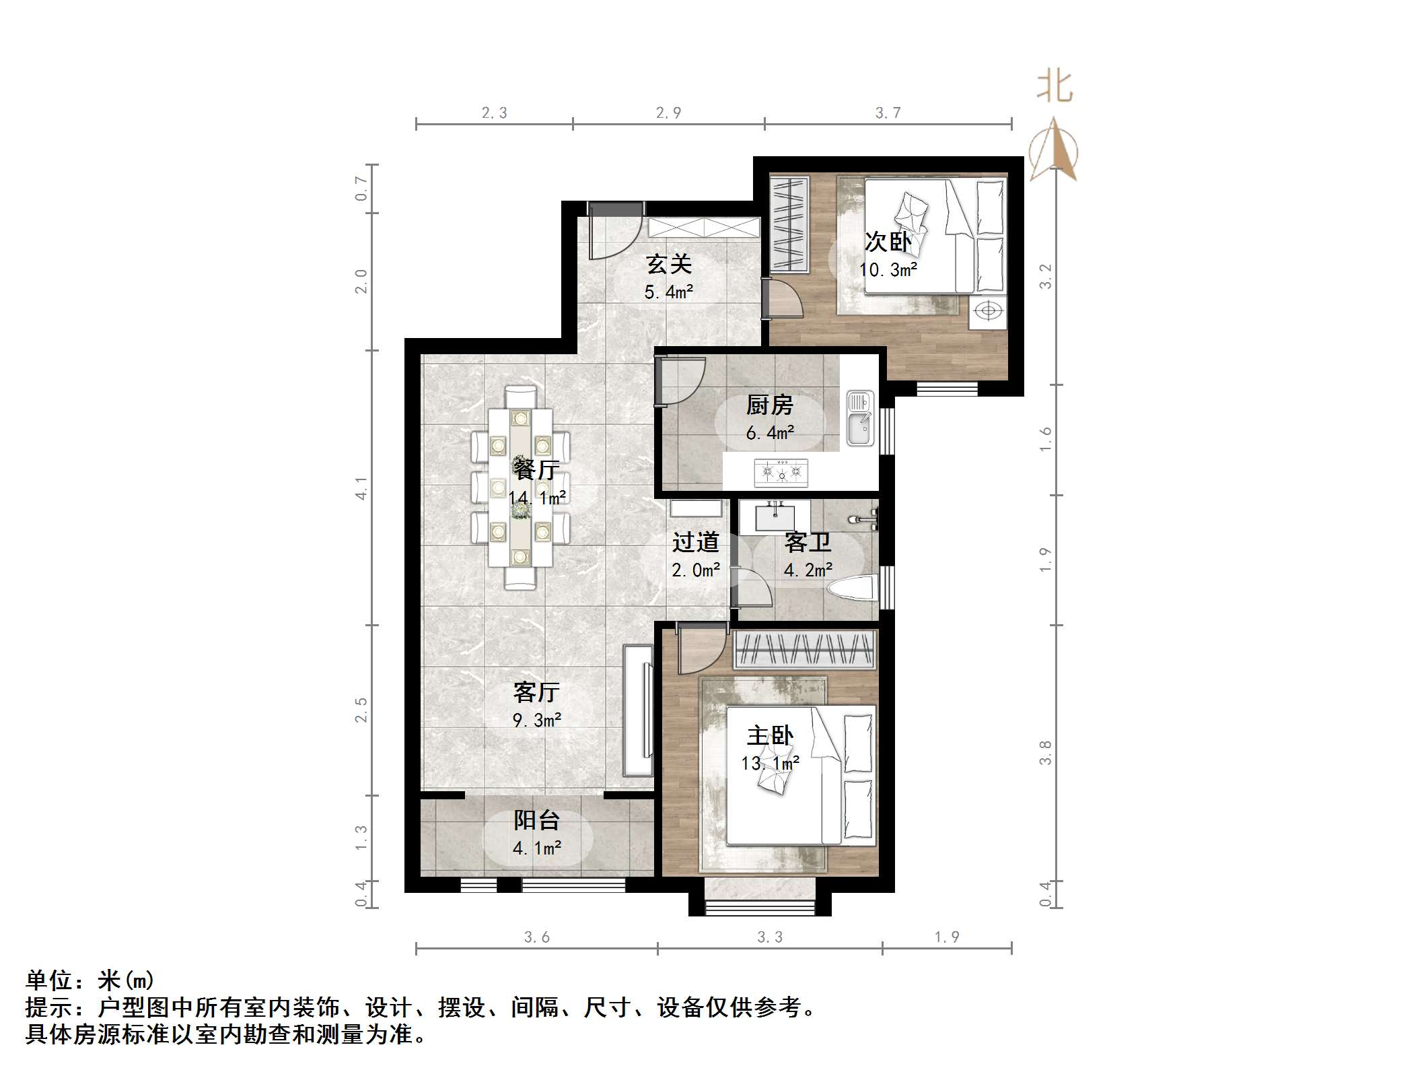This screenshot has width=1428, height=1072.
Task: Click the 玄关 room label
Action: click(x=668, y=264)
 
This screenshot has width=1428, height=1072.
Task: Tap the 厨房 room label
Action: click(x=769, y=405)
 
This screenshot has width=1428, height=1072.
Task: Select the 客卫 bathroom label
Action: click(x=807, y=541)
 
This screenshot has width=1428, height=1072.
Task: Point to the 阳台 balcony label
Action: click(x=536, y=819)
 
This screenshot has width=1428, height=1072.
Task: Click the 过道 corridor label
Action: click(x=695, y=541)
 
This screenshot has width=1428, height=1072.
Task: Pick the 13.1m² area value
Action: click(x=770, y=764)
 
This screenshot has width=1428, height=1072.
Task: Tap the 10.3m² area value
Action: click(x=888, y=270)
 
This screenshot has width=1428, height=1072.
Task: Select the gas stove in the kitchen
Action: click(x=781, y=472)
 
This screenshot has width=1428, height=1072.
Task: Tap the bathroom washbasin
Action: click(x=775, y=518)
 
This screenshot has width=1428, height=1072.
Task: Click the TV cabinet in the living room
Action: click(x=639, y=710)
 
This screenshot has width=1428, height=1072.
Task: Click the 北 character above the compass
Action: click(x=1055, y=88)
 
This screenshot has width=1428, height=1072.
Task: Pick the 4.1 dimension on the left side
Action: click(x=361, y=488)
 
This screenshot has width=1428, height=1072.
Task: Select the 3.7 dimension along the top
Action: click(x=888, y=113)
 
